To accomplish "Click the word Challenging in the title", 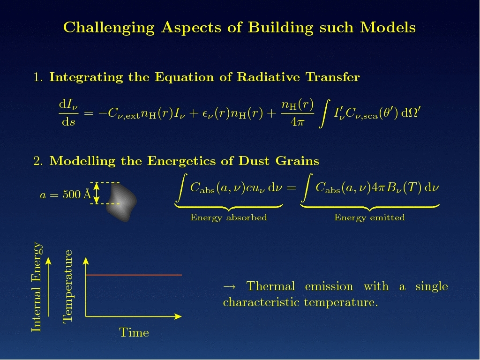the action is point(109,28).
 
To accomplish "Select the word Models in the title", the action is point(388,27).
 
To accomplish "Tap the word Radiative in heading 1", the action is point(268,77).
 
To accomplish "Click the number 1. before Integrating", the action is point(38,77).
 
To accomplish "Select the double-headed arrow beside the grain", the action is point(97,193).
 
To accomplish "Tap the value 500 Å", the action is point(76,194).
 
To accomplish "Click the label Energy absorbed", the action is point(229,217).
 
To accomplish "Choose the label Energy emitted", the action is point(369,217).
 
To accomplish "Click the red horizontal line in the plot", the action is point(134,275).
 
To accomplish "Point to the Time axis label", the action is point(134,332).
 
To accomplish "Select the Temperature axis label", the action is point(67,286).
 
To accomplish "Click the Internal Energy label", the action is point(37,287).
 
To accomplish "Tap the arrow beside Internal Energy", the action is point(48,287).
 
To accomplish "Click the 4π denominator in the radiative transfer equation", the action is point(298,122).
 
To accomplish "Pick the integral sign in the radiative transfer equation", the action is point(324,113).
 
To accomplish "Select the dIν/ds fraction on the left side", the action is point(68,113).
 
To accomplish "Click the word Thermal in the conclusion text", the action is point(270,286).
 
